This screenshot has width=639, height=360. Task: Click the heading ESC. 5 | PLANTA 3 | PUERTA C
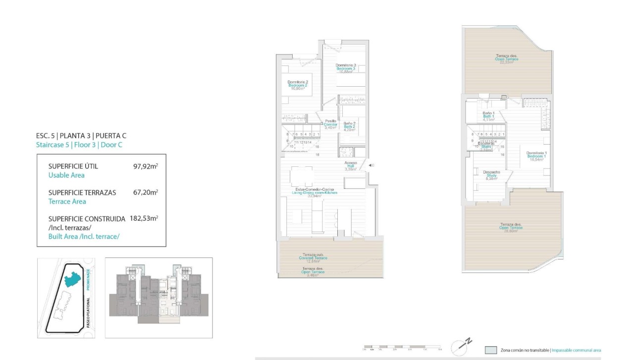(84, 136)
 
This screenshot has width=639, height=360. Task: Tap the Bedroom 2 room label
(298, 85)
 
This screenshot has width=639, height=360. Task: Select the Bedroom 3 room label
(346, 68)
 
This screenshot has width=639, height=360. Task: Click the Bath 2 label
(349, 127)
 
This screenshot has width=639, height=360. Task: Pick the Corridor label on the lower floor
(330, 124)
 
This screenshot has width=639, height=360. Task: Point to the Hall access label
(351, 165)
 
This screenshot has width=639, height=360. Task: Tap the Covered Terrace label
(313, 257)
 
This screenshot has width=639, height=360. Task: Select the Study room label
(491, 175)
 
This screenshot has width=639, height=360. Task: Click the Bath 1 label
(488, 116)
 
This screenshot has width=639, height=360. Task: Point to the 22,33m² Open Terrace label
(506, 59)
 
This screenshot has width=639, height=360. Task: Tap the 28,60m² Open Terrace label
(511, 227)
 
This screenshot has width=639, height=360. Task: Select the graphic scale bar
(402, 348)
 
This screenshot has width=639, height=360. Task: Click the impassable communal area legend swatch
(491, 350)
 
